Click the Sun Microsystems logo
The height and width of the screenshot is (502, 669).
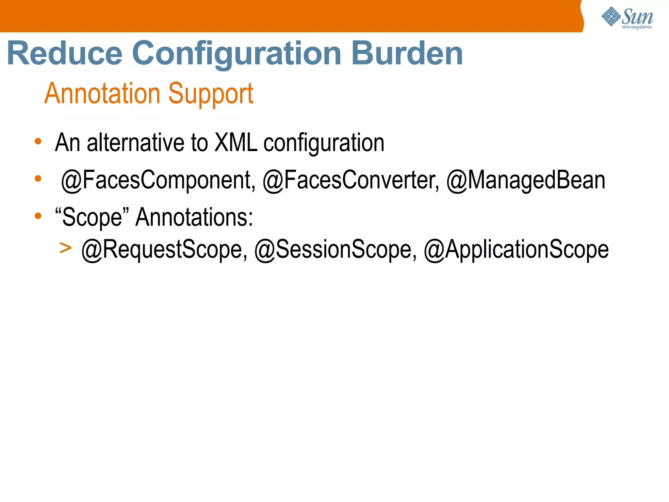click(627, 18)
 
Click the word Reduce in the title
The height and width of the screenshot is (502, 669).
click(65, 53)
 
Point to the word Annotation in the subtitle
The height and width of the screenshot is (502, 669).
click(102, 93)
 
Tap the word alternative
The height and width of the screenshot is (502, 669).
click(136, 143)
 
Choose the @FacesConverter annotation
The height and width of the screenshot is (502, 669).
click(351, 180)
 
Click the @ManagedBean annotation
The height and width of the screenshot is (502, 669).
click(526, 180)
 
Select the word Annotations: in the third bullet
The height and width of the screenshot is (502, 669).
click(194, 217)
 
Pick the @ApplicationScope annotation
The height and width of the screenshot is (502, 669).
click(516, 250)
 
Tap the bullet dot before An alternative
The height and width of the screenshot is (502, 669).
click(38, 141)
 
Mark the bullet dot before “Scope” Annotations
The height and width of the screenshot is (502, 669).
click(38, 216)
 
